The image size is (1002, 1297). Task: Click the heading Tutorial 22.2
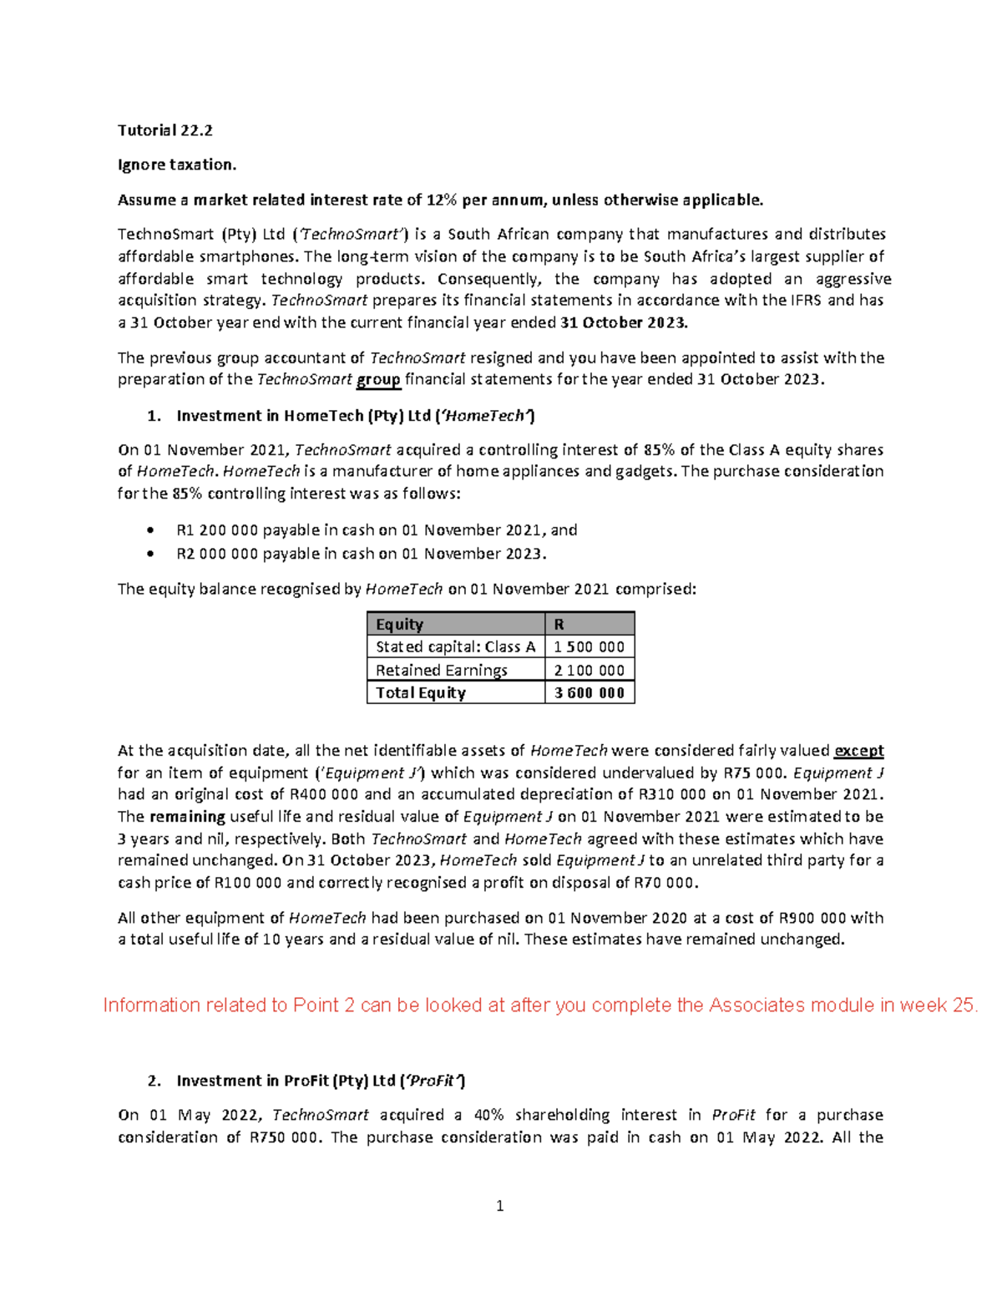(165, 130)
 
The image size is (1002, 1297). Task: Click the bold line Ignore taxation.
(177, 165)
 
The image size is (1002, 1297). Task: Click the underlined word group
(378, 380)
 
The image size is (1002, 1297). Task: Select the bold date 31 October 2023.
(636, 323)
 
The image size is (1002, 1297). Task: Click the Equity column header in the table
(400, 625)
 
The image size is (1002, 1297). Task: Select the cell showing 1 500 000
(589, 647)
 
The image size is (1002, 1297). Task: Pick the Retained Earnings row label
(442, 670)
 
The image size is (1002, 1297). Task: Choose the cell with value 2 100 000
(589, 670)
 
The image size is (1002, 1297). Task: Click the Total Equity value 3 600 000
(589, 693)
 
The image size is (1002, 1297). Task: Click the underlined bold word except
(859, 751)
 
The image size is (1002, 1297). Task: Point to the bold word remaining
(187, 817)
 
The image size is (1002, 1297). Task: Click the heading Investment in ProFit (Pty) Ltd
(320, 1081)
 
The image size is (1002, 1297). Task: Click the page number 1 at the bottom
(500, 1206)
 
